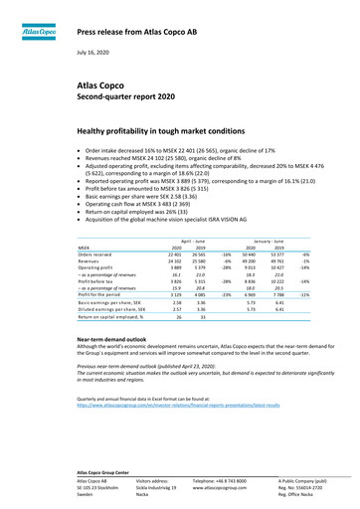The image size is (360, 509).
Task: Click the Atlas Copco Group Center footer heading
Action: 107,468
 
